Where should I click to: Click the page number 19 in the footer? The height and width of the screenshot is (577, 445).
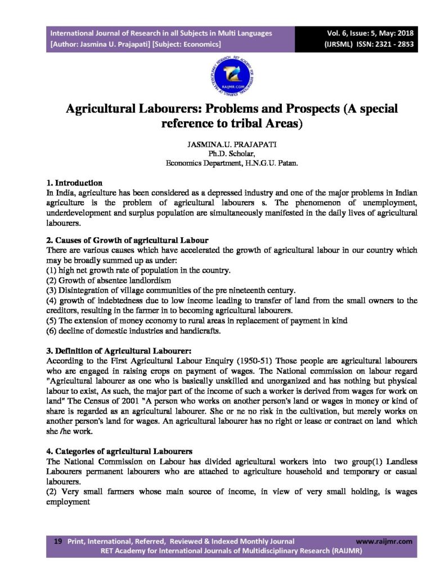57,541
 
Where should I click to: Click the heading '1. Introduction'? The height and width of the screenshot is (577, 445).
74,183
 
